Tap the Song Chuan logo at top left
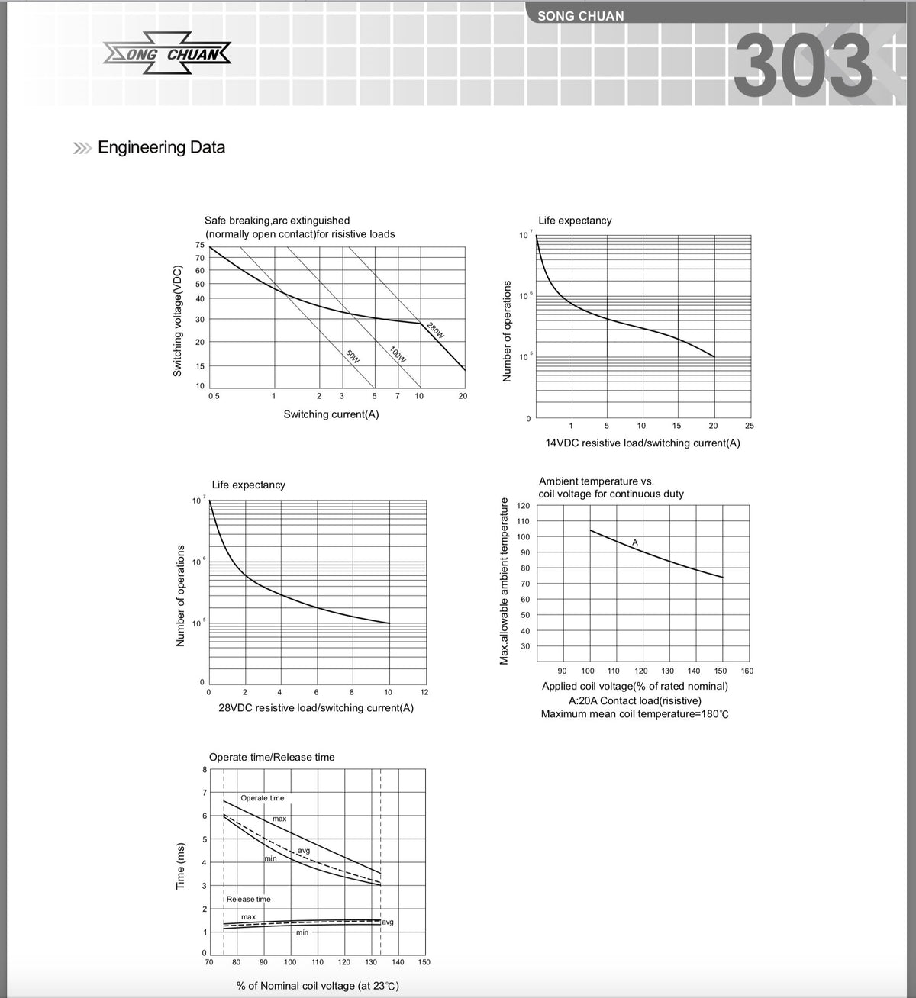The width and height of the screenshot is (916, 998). click(166, 54)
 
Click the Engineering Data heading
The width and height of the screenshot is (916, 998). click(161, 147)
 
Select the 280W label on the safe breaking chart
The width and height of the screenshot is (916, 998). click(435, 330)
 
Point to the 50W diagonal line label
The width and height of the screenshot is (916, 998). click(353, 356)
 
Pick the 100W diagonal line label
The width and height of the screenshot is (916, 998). click(398, 355)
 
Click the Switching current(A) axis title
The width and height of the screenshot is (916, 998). click(331, 414)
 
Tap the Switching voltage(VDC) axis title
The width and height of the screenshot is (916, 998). click(177, 320)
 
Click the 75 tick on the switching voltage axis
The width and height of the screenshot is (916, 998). click(200, 245)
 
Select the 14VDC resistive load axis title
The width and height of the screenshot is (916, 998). click(642, 443)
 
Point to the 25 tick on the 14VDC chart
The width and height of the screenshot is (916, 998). click(749, 426)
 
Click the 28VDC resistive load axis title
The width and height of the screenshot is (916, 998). click(316, 707)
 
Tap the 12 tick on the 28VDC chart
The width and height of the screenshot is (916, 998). click(424, 692)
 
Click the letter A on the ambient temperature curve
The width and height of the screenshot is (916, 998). click(635, 542)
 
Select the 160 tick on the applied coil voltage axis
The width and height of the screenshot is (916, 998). click(747, 671)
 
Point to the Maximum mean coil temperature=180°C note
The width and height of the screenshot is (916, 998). click(635, 714)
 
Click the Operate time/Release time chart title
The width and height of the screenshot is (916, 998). click(272, 757)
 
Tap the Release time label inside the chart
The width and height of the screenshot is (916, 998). click(249, 899)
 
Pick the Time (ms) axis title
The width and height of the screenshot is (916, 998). click(181, 865)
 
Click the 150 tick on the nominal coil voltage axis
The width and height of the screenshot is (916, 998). click(424, 962)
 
